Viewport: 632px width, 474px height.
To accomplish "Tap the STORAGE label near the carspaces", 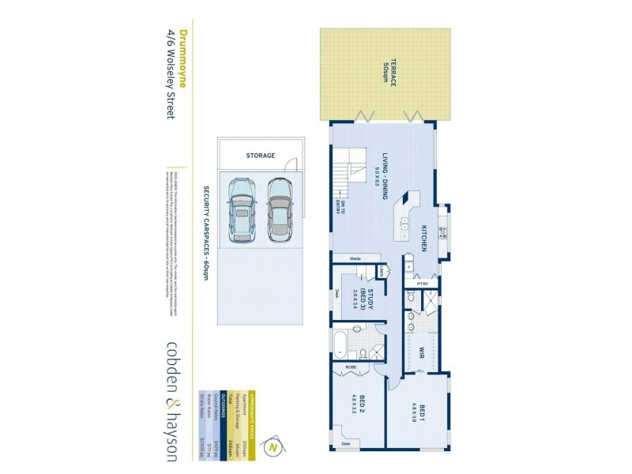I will pos(260,156).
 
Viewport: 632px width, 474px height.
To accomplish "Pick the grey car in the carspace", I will pos(279,209).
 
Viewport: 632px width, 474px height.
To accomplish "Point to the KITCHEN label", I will pos(424,236).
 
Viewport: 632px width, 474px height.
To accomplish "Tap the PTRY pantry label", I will pos(423,283).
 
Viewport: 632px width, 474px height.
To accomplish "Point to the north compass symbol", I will pos(274,447).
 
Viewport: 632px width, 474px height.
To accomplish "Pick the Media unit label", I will pos(355,258).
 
